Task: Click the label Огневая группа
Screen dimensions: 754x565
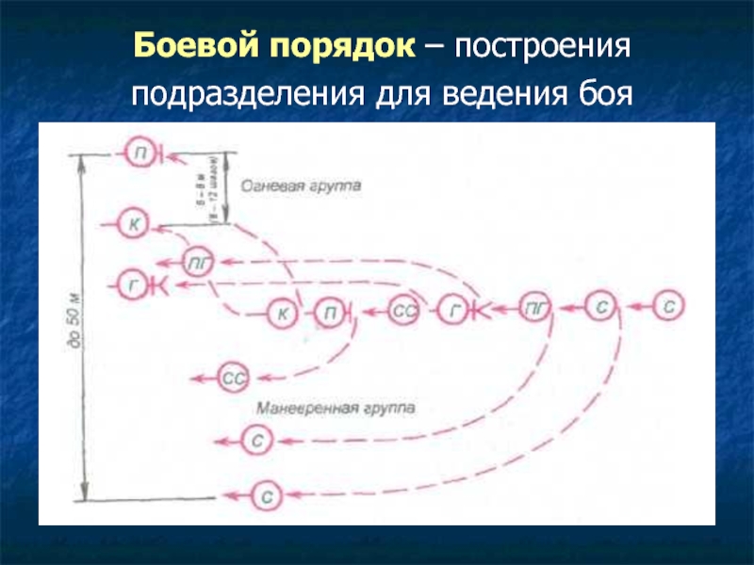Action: pos(300,187)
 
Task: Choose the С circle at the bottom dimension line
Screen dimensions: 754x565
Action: pos(266,493)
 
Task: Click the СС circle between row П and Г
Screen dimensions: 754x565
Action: pos(403,311)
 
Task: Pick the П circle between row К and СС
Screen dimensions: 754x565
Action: pos(330,312)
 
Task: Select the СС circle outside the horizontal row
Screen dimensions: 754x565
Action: pos(235,379)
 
